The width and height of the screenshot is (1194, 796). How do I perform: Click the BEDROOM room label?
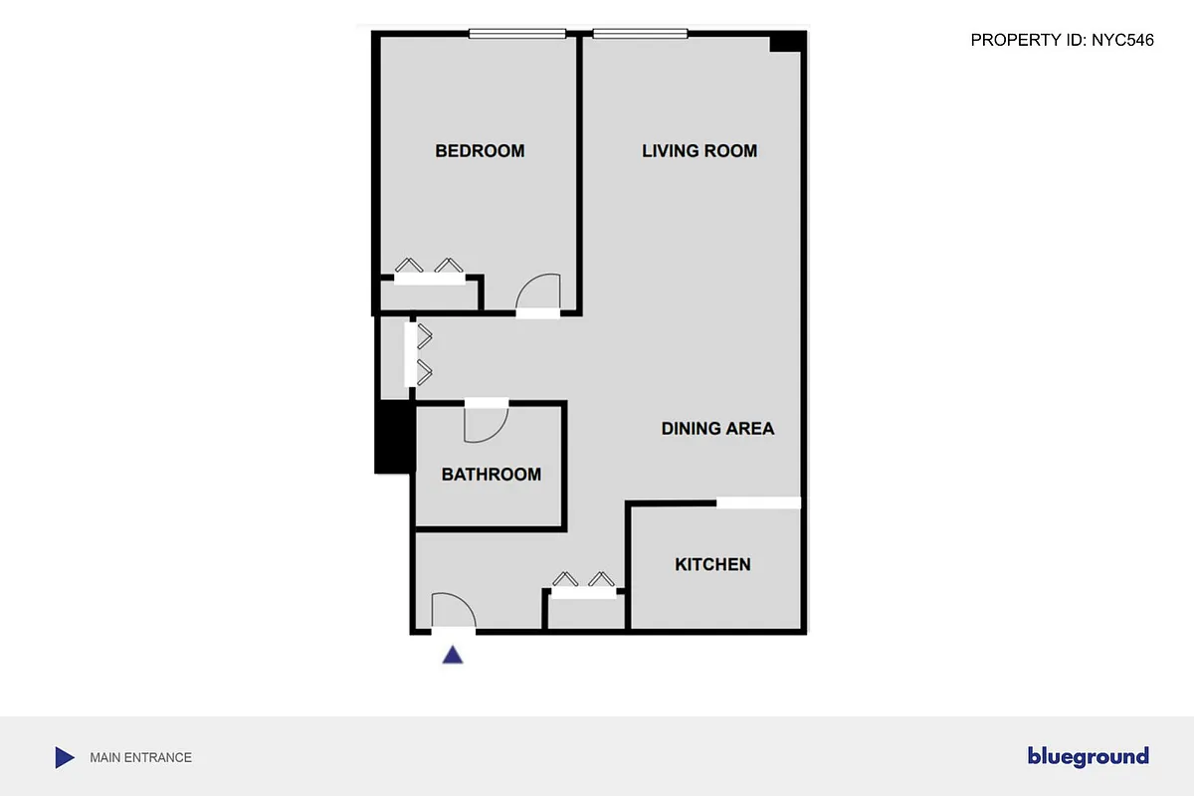click(x=480, y=151)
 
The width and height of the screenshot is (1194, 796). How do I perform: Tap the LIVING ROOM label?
click(x=699, y=151)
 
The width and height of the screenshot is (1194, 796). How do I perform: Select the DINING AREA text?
click(x=717, y=429)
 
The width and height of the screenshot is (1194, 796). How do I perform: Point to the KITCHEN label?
click(x=712, y=564)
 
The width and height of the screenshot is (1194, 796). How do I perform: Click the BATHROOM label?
click(x=492, y=475)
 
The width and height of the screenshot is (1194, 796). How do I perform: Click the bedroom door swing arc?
click(x=539, y=292)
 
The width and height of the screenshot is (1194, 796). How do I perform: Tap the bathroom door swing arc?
click(x=486, y=425)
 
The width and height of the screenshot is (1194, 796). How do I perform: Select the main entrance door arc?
click(x=453, y=610)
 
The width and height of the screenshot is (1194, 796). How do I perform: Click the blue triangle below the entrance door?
click(x=453, y=655)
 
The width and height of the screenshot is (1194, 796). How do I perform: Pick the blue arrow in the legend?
click(x=64, y=757)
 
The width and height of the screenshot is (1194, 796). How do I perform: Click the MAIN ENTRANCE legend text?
click(x=140, y=757)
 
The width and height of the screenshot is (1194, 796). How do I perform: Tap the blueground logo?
click(x=1088, y=757)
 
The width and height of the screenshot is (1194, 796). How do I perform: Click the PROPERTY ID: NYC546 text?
click(x=1062, y=41)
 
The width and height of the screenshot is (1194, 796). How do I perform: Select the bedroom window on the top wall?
click(x=517, y=34)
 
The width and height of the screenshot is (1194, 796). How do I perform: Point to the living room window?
click(x=640, y=34)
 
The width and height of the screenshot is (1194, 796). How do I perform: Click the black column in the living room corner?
click(x=786, y=43)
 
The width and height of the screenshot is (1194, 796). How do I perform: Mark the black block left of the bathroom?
click(x=394, y=437)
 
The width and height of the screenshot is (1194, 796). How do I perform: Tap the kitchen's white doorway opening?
click(x=759, y=502)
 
